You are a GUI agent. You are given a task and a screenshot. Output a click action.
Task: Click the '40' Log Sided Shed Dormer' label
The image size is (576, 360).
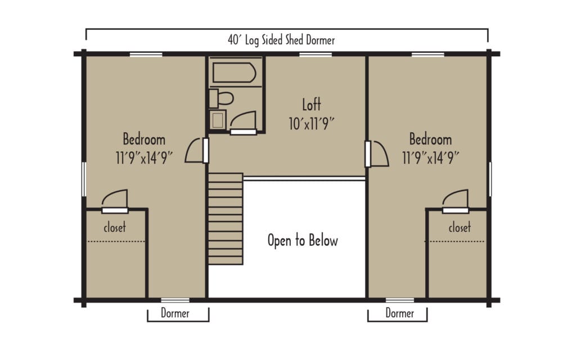click(x=281, y=40)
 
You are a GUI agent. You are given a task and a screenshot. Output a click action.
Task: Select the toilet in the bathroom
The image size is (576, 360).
click(x=222, y=98)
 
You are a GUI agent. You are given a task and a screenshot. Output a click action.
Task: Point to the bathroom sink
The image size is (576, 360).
click(x=218, y=119)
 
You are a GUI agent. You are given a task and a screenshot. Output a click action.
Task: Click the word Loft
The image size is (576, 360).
click(x=311, y=105)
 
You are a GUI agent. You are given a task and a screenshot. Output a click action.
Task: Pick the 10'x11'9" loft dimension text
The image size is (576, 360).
click(x=312, y=124)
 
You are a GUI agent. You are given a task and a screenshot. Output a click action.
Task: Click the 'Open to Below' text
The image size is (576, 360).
click(x=303, y=241)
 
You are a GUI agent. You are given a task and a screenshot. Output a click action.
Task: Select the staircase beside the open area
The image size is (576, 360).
click(x=226, y=218)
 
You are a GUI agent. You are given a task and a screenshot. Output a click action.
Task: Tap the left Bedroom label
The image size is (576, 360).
click(x=144, y=139)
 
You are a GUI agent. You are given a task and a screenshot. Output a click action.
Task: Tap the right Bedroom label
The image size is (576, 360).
click(x=430, y=139)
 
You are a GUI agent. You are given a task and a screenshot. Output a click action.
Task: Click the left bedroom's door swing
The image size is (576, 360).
click(x=195, y=151)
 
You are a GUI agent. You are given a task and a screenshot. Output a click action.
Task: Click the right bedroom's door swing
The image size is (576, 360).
click(x=379, y=154)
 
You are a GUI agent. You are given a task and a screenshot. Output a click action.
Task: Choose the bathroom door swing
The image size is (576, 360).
click(x=244, y=121)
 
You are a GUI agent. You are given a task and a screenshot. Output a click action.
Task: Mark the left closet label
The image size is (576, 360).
click(x=115, y=228)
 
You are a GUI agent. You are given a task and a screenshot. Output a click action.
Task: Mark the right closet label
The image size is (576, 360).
click(x=460, y=228)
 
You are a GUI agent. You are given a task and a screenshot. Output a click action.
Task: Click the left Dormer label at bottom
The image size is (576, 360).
click(x=175, y=313)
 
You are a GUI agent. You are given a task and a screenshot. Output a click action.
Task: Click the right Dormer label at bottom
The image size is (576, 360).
click(x=400, y=313)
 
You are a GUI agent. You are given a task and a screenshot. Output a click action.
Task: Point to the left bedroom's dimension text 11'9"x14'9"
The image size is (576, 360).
click(x=144, y=158)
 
